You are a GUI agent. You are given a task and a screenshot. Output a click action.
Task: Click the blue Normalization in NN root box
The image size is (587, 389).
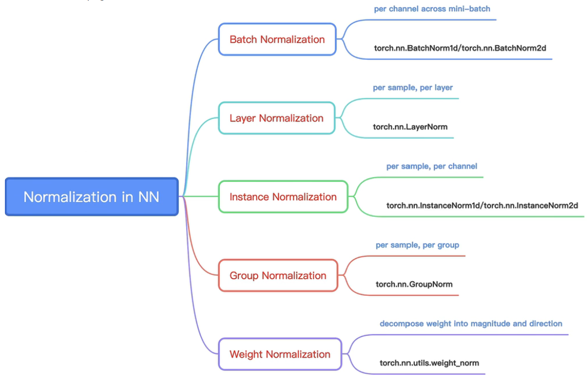[x=91, y=197]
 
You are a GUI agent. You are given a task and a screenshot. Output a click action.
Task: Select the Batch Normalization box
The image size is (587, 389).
[x=277, y=39]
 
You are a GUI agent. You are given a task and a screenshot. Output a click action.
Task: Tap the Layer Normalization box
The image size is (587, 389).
[x=276, y=118]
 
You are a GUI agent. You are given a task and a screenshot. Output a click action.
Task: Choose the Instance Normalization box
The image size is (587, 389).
[x=283, y=197]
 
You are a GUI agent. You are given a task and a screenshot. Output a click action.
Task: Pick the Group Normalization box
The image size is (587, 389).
[x=278, y=276]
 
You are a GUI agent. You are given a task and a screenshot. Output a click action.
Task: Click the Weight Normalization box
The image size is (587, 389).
[x=280, y=354]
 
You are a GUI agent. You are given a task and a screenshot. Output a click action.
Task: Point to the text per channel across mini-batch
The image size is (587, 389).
[x=432, y=9]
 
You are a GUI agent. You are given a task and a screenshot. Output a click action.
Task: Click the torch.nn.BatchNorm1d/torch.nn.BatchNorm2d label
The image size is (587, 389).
[x=460, y=48]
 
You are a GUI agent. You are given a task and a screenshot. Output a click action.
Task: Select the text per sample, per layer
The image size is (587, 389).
[x=413, y=87]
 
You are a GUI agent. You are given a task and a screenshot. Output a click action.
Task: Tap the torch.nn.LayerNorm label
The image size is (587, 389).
[x=410, y=127]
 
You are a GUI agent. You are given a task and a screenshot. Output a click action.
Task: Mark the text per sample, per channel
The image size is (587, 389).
[x=431, y=166]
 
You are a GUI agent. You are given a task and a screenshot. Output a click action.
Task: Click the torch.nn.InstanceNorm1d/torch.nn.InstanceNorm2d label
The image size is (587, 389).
[x=482, y=206]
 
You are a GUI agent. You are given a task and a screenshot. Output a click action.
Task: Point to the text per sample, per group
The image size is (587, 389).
[x=417, y=245]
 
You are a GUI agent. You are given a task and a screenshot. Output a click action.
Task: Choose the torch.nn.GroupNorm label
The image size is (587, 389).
[x=414, y=284]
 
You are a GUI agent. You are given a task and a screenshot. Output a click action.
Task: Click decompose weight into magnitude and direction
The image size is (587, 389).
[x=471, y=324]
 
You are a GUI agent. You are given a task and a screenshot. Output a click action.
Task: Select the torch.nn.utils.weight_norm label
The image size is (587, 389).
[x=429, y=363]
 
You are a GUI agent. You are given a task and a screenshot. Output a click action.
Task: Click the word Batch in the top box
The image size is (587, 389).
[x=243, y=39]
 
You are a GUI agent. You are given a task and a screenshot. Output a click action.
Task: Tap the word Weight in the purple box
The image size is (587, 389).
[x=246, y=354]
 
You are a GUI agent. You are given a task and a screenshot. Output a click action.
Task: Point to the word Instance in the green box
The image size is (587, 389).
[x=249, y=197]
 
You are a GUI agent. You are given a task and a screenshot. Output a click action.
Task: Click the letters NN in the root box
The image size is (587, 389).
[x=148, y=197]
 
